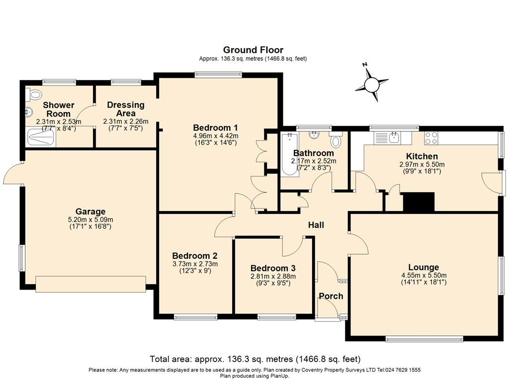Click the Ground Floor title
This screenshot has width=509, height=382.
253,50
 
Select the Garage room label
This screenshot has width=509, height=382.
90,212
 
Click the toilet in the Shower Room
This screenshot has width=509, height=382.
34,95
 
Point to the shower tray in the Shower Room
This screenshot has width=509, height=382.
41,137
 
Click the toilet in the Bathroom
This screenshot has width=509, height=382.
336,139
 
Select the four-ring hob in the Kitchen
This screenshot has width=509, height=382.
431,138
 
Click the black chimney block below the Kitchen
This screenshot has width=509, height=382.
419,202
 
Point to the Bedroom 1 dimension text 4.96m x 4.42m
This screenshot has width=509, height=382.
216,136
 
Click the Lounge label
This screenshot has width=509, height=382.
424,267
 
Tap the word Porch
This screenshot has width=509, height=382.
331,296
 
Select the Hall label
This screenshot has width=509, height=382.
316,225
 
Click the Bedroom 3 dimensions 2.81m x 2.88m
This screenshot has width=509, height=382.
273,277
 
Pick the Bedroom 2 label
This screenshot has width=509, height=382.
195,256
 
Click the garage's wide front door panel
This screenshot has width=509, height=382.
90,284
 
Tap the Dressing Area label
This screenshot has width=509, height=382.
126,109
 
